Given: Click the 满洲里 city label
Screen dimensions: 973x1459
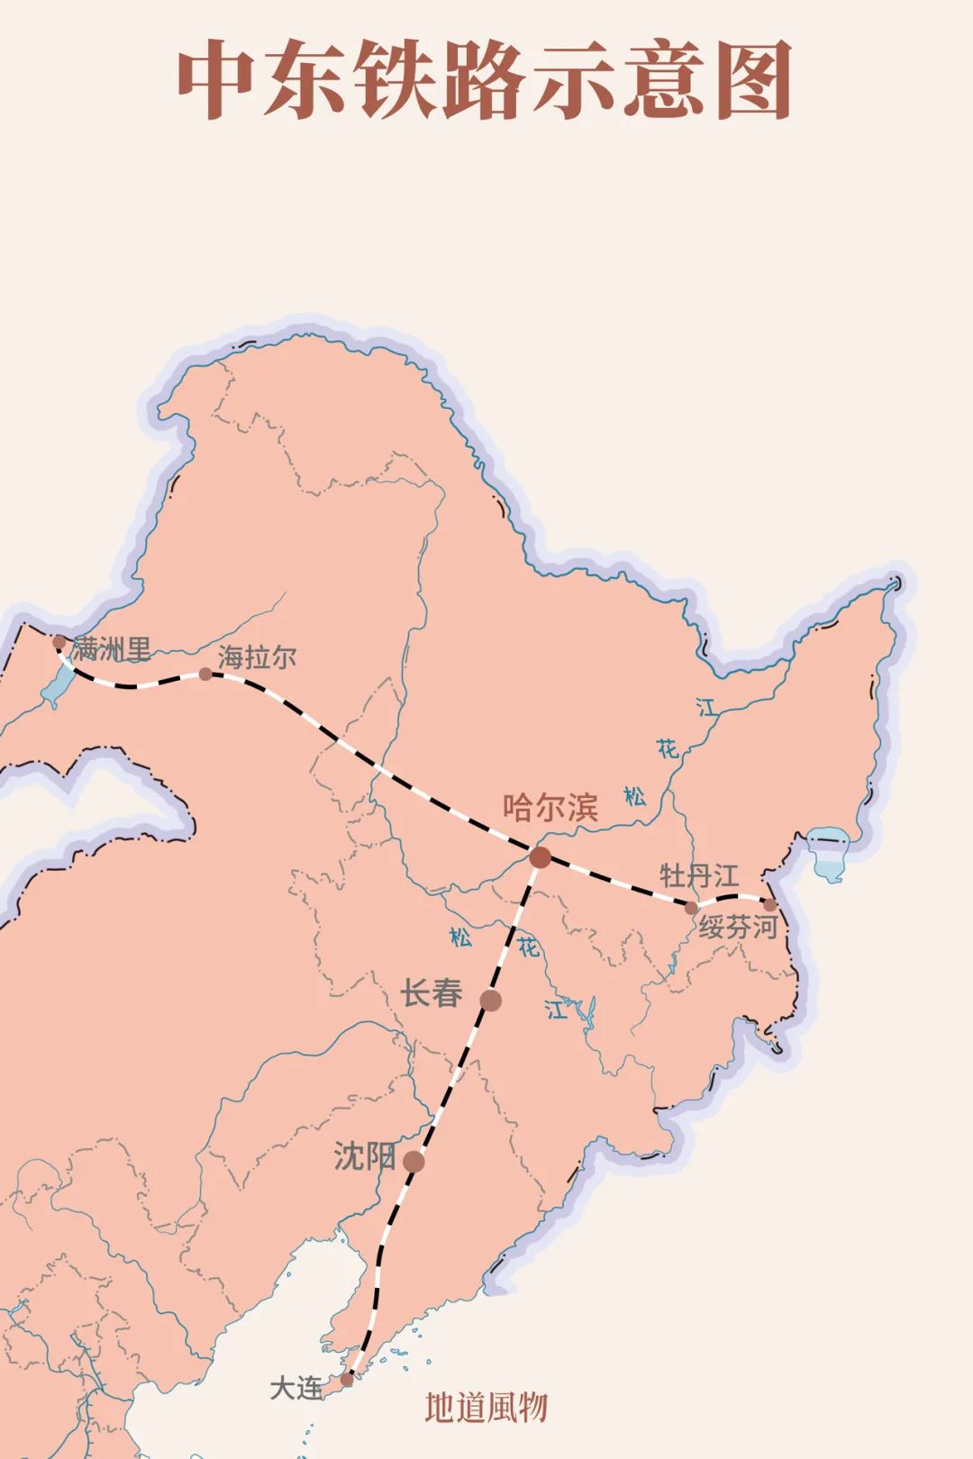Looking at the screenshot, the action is (x=112, y=648).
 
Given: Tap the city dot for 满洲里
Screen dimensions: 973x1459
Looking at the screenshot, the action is (x=59, y=643).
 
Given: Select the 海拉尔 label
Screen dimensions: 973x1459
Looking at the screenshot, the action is (x=257, y=657).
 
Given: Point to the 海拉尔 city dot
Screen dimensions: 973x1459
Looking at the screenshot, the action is (x=205, y=674).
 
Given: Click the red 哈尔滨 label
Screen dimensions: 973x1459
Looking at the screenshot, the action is (x=550, y=807).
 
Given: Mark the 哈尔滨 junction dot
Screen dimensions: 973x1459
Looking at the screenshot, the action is (x=540, y=857).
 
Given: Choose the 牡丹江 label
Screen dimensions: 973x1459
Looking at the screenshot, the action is (x=699, y=875).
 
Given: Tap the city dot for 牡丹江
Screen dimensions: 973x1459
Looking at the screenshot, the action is (x=691, y=907).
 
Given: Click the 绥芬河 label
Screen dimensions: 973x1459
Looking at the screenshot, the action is (x=738, y=927).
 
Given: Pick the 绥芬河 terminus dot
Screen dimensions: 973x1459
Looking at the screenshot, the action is (x=769, y=904).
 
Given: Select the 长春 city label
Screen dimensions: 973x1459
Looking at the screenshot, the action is (x=432, y=993).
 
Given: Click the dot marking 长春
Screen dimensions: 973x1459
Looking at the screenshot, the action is (x=490, y=1000).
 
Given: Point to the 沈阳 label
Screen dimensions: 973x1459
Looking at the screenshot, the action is (x=364, y=1156).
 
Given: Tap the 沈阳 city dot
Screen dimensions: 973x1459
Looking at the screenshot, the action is (x=414, y=1162).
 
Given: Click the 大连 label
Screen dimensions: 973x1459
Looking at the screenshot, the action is (x=296, y=1388).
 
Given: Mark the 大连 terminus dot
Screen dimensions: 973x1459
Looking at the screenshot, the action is (x=347, y=1379).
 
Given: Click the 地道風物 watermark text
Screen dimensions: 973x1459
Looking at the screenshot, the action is (x=486, y=1408).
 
